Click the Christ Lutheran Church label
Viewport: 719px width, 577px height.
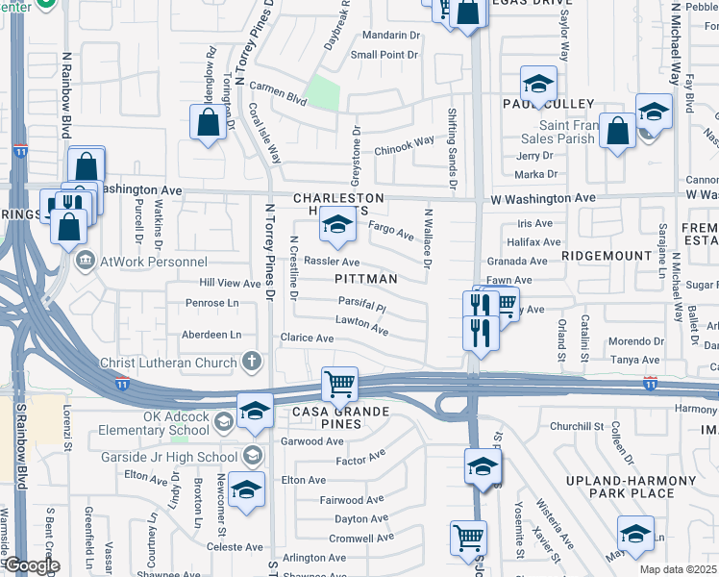pos(168,363)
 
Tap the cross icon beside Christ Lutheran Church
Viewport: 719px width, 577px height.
pos(252,363)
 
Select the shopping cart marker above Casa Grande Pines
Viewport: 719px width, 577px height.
pos(339,385)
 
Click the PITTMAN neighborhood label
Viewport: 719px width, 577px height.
pos(365,279)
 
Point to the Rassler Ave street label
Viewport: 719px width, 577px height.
pos(332,262)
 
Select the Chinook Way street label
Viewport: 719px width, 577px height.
pos(405,146)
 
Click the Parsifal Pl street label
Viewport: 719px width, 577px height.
pos(361,309)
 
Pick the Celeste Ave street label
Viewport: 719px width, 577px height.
pos(235,547)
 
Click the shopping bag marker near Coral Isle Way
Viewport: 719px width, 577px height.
pos(208,123)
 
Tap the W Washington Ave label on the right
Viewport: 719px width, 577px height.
pos(542,198)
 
